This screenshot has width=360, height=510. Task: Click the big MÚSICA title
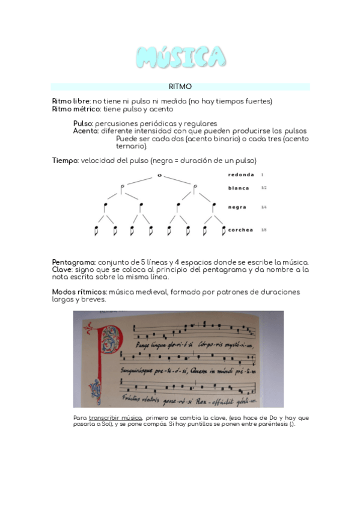click(181, 57)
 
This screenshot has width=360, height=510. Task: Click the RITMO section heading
click(180, 87)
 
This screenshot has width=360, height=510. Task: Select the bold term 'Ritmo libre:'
click(72, 101)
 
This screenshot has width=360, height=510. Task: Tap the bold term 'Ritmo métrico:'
click(76, 109)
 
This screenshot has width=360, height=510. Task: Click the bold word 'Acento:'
click(86, 131)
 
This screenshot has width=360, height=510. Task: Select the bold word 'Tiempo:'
click(65, 161)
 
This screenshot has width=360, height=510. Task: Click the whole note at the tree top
click(159, 175)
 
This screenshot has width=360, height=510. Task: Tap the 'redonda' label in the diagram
click(241, 175)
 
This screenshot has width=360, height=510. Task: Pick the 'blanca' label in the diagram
click(239, 188)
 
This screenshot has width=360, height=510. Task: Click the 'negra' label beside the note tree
click(237, 207)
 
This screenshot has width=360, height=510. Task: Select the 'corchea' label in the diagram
click(240, 230)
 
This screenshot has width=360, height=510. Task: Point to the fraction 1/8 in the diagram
click(264, 230)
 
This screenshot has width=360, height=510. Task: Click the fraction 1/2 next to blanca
click(264, 188)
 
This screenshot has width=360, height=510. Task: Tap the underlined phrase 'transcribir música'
click(115, 417)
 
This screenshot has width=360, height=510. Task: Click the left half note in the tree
click(122, 189)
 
